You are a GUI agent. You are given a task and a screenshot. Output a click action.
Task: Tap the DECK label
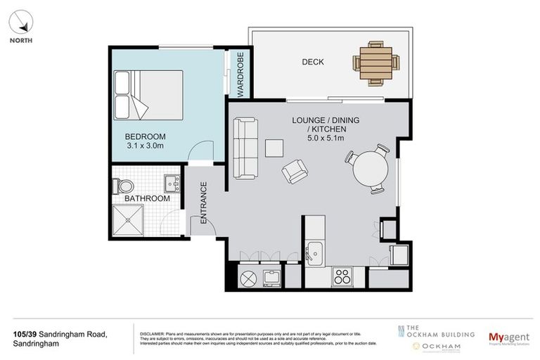[x=313, y=62]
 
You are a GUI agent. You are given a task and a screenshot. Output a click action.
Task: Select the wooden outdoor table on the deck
[x=375, y=63]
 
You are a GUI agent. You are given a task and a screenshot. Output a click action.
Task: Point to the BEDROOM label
[x=145, y=136]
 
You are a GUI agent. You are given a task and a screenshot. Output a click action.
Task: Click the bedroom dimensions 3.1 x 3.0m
[x=145, y=146]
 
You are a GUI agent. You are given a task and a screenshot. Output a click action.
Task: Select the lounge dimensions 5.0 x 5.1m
[x=326, y=139]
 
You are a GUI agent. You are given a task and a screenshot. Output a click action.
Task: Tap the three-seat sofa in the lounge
[x=245, y=148]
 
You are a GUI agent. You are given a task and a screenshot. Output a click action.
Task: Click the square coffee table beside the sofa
[x=274, y=148]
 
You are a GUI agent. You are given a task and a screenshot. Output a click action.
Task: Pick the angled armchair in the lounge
[x=295, y=171]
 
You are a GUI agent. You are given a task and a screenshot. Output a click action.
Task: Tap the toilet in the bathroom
[x=124, y=186]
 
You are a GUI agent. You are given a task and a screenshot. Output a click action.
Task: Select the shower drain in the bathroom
[x=128, y=219]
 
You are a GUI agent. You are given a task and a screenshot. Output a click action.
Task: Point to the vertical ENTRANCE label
[x=204, y=202]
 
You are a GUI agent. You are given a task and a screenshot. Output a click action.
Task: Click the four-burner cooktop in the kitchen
[x=342, y=277]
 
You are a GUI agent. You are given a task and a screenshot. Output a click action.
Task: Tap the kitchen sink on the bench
[x=314, y=250]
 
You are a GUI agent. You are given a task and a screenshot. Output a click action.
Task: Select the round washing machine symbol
[x=248, y=278]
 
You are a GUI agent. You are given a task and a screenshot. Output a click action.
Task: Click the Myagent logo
[x=508, y=337]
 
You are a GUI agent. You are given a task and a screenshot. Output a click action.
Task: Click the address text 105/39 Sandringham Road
[x=60, y=334]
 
